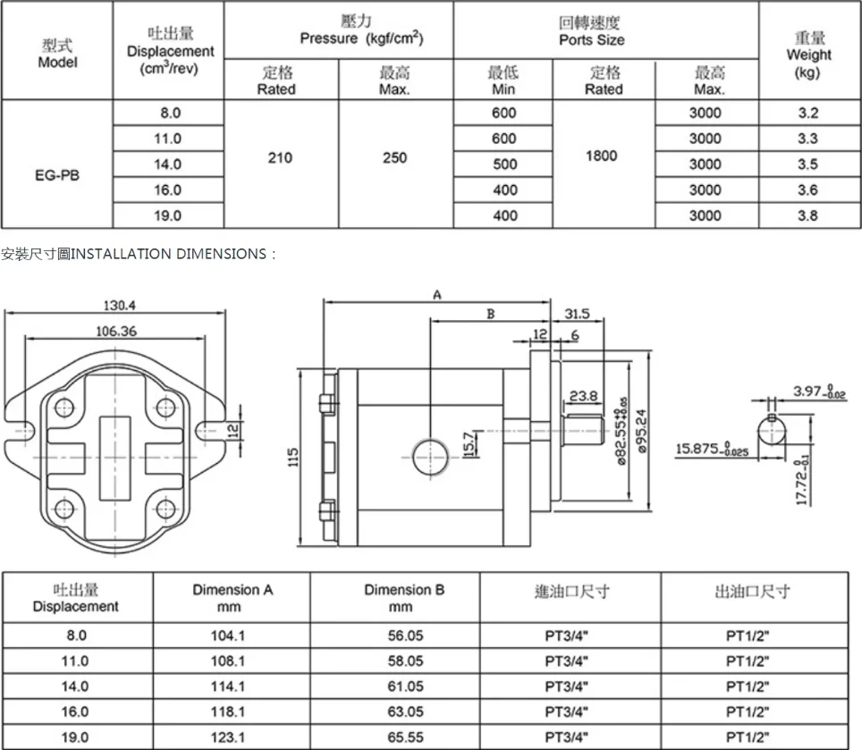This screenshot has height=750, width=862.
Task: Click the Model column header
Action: click(57, 53)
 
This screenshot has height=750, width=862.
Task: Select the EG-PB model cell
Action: click(57, 176)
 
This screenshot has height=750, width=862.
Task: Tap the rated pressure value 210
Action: click(280, 158)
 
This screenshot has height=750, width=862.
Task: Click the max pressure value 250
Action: click(394, 158)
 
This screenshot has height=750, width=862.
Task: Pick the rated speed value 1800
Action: click(602, 156)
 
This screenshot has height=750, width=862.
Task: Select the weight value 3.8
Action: click(807, 215)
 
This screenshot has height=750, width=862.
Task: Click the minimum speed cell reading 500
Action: click(504, 164)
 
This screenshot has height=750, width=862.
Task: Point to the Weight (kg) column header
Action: click(808, 54)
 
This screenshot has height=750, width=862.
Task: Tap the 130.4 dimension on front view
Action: click(118, 306)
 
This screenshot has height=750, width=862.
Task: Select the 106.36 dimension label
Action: click(116, 332)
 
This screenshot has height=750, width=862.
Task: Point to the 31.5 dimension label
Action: click(578, 314)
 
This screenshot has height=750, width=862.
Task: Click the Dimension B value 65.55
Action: click(404, 737)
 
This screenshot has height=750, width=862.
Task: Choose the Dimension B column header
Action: click(404, 598)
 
